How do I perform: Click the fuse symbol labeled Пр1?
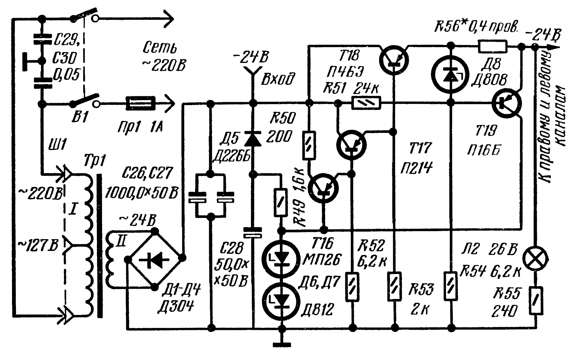click(x=141, y=103)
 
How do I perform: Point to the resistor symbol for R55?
click(x=535, y=300)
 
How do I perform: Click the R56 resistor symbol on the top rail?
click(x=492, y=46)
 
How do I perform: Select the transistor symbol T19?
click(x=507, y=103)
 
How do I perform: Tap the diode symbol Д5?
click(x=253, y=139)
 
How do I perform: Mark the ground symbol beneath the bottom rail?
click(x=282, y=345)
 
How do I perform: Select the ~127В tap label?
click(x=38, y=246)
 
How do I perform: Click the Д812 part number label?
click(x=317, y=309)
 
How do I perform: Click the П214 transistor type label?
click(x=416, y=168)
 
